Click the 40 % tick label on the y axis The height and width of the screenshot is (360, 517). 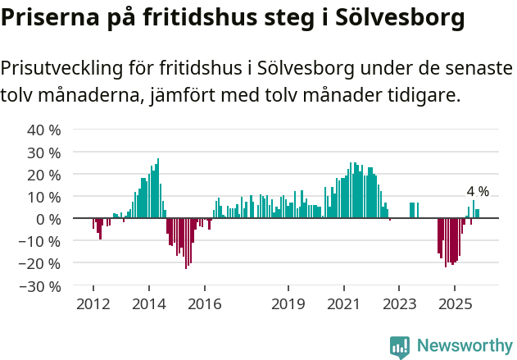pos(44,130)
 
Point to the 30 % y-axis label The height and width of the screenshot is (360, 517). pos(44,153)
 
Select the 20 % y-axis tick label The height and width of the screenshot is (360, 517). pos(44,175)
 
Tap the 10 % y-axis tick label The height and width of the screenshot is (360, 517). pos(44,197)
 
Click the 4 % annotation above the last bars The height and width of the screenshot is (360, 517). pos(478,191)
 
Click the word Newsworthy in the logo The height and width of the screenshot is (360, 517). pos(464,346)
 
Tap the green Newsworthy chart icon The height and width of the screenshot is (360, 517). pos(400,347)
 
